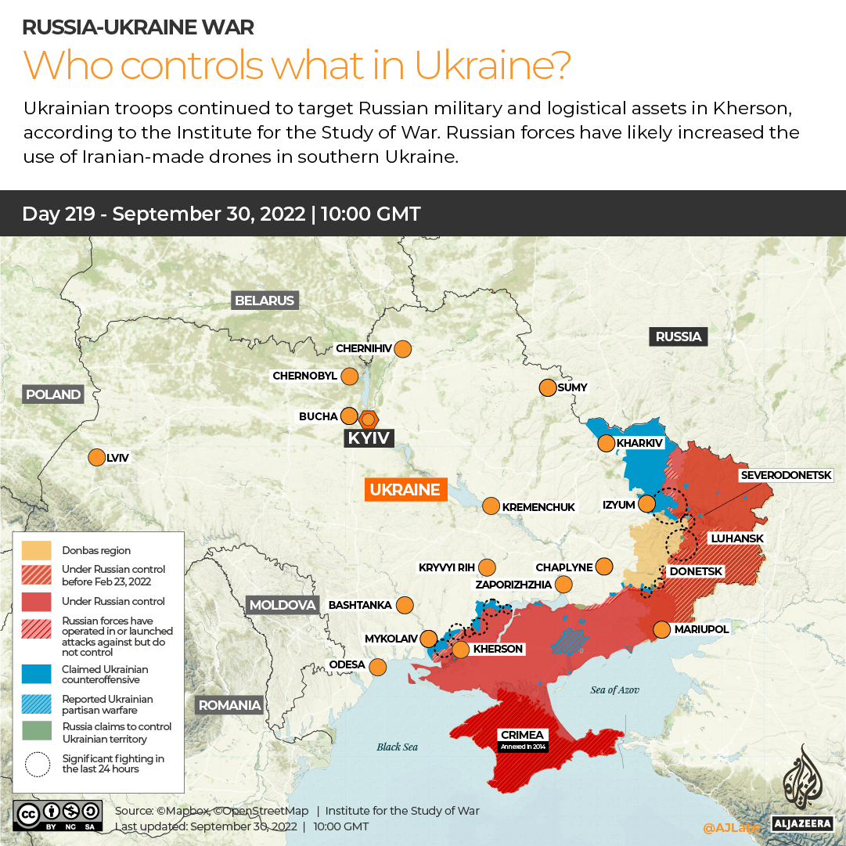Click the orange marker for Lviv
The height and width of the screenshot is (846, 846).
97,457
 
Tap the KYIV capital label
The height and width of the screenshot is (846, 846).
369,437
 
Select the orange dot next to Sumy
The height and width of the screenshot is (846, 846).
546,387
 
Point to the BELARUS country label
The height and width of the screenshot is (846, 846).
265,301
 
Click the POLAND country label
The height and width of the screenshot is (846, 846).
53,394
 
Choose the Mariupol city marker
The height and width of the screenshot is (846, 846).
662,629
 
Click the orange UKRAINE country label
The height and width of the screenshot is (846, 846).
405,490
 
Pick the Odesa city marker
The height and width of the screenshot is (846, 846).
378,667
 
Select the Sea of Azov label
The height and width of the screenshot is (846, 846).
614,689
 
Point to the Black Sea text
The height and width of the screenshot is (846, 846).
397,747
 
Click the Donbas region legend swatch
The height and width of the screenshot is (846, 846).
37,550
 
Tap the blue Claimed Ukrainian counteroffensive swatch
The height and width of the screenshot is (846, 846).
37,674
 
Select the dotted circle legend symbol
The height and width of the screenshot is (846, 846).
37,764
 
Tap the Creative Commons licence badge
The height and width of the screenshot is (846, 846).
57,814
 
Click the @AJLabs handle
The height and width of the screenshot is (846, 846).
731,827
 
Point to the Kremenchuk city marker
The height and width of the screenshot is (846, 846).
491,506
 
